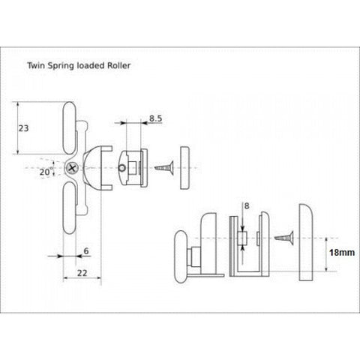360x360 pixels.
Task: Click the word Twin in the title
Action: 37,66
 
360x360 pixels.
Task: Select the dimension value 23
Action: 23,128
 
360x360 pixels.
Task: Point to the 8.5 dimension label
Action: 155,118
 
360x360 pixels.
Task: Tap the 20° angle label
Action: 46,172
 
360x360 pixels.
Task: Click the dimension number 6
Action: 86,251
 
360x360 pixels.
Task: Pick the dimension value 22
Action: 82,273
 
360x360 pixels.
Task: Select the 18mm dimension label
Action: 342,253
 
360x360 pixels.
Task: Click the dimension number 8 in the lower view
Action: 247,205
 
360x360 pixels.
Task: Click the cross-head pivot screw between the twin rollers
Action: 73,168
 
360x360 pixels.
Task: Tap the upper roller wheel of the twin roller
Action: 69,127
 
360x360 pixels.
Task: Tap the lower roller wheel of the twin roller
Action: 69,208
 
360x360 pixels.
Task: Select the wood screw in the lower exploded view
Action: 284,238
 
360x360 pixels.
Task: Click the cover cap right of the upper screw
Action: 184,168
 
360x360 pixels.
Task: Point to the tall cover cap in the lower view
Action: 306,242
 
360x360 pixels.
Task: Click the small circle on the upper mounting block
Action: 122,168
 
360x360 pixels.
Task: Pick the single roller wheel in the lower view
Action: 181,256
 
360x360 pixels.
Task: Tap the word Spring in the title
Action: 61,66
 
